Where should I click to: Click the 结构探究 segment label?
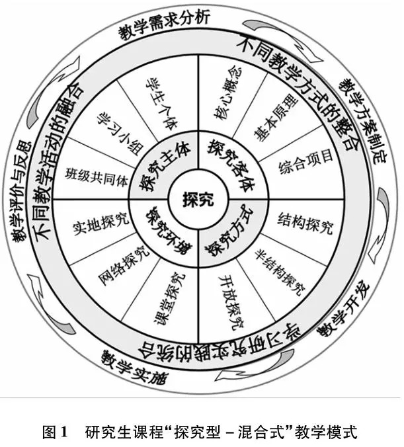(x=304, y=219)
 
